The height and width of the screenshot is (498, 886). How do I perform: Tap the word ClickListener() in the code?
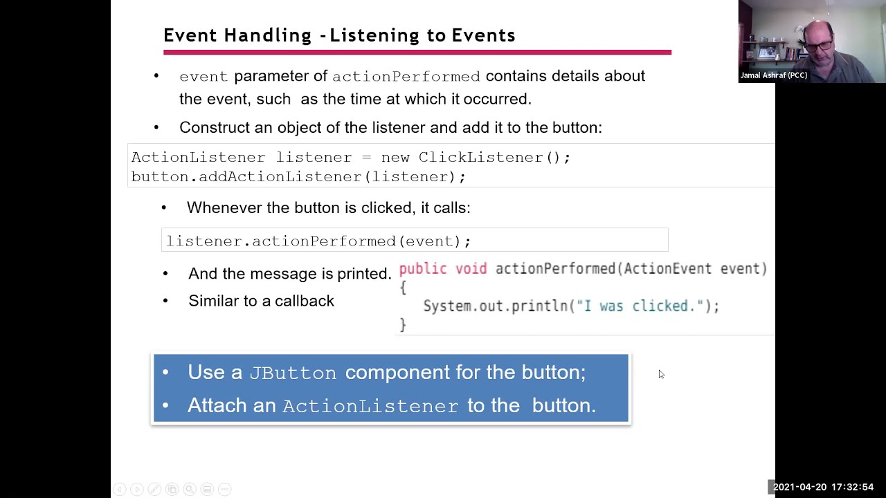[494, 158]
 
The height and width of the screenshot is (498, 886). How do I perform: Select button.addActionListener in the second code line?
[246, 177]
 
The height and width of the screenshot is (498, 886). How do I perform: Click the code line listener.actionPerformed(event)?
[318, 241]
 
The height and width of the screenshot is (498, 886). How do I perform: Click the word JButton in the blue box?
[293, 373]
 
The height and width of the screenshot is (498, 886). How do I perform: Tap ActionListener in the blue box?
[370, 406]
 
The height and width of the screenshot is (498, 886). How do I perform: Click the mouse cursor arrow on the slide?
[661, 374]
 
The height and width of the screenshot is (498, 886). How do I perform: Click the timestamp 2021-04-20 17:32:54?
[823, 488]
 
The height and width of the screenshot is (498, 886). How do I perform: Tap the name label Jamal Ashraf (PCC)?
[773, 75]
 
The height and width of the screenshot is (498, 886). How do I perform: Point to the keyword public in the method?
[423, 269]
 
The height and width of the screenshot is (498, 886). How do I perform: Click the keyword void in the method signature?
[471, 269]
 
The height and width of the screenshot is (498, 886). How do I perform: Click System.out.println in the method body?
[496, 306]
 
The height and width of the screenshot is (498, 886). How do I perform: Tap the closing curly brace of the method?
[403, 324]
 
